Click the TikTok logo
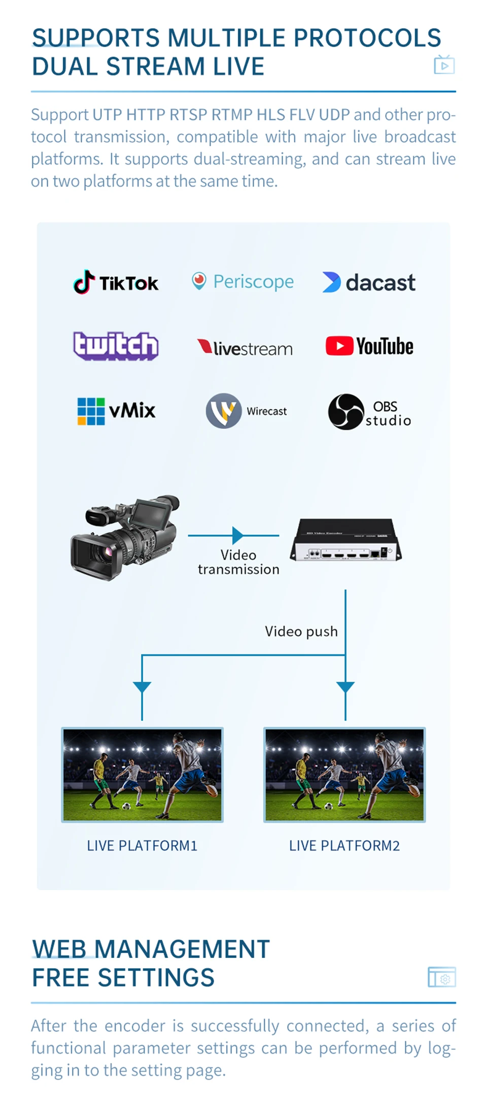coord(116,282)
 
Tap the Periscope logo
coord(243,281)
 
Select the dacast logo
coord(369,282)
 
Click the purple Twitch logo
coord(116,346)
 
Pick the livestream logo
coord(245,348)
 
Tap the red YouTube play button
coord(339,346)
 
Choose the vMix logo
coord(116,411)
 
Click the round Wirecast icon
coord(224,411)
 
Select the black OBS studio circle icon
coord(346,412)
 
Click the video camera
coord(125,537)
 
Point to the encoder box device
coord(345,540)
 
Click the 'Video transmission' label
coord(238,562)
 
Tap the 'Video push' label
coord(301,631)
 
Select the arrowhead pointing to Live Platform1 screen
coord(142,687)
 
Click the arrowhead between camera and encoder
coord(237,535)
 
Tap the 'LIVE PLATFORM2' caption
coord(344,845)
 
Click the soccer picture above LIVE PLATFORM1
coord(142,775)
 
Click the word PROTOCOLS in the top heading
coord(367,38)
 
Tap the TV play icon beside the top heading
coord(444,65)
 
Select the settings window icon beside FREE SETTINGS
coord(442,977)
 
